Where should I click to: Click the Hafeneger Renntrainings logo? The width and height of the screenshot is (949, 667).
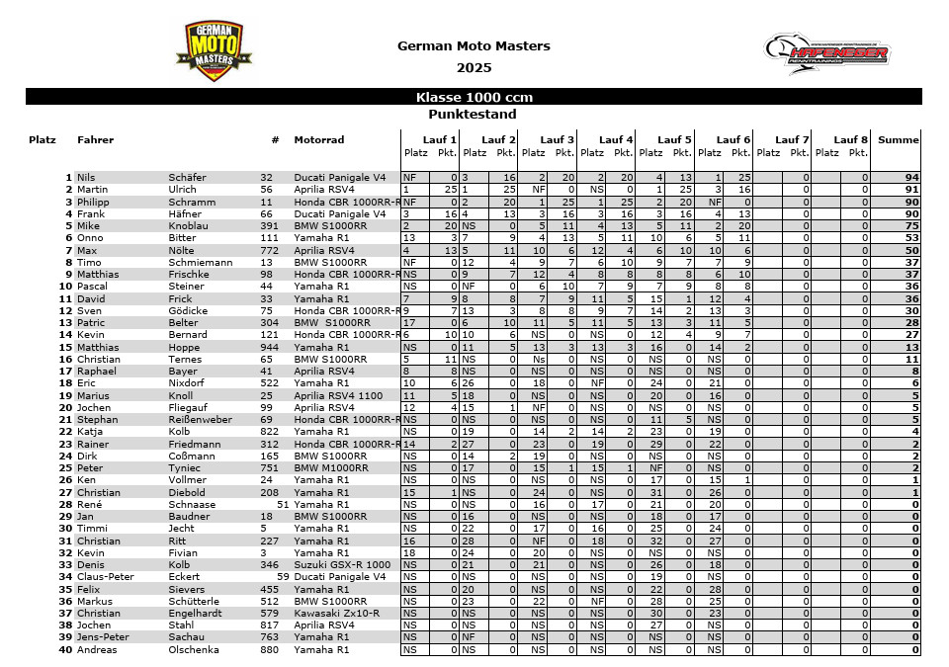pos(826,51)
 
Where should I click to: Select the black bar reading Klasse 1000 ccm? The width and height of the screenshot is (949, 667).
pos(474,97)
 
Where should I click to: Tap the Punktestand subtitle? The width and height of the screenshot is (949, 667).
pos(474,115)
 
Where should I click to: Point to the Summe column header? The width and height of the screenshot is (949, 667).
pos(899,139)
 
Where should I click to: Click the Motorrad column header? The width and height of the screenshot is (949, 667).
pos(319,139)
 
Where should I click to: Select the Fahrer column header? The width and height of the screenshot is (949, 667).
pos(95,139)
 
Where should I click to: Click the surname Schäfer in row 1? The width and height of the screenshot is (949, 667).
pos(187,177)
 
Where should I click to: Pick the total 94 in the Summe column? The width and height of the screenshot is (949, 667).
pos(911,177)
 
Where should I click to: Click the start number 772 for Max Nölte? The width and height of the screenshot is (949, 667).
pos(269,250)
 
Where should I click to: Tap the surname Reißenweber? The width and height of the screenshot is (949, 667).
pos(202,419)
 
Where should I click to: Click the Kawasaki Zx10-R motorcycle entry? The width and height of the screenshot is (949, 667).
pos(336,613)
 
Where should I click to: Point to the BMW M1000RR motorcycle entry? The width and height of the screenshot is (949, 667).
pos(330,467)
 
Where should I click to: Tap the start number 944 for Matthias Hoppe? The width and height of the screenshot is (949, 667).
pos(269,347)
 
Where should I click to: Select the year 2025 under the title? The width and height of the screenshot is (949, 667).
pos(474,68)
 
